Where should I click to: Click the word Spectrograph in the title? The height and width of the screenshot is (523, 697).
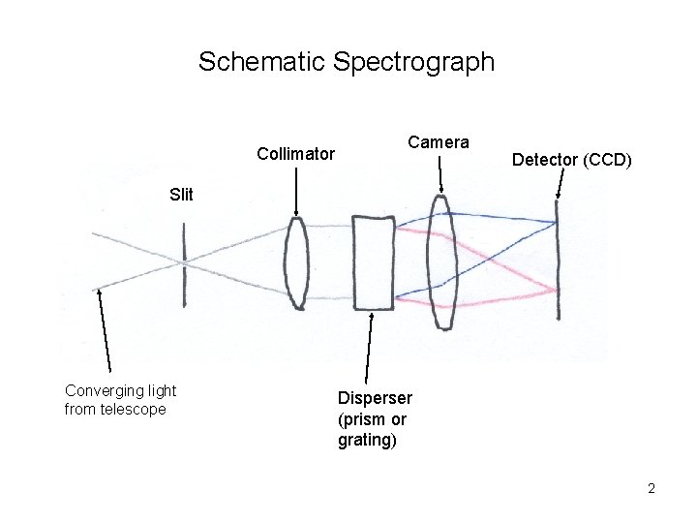(413, 63)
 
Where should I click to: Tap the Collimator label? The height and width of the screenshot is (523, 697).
(295, 153)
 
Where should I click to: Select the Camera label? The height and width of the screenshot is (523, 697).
(438, 142)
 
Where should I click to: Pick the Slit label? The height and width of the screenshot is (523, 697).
(181, 194)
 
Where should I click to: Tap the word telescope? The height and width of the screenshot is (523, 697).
(134, 409)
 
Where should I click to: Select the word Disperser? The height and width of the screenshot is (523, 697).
(375, 398)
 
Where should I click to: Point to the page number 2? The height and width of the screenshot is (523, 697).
(652, 488)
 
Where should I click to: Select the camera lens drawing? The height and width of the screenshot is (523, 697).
(443, 261)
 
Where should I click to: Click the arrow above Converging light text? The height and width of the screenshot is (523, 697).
(105, 329)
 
